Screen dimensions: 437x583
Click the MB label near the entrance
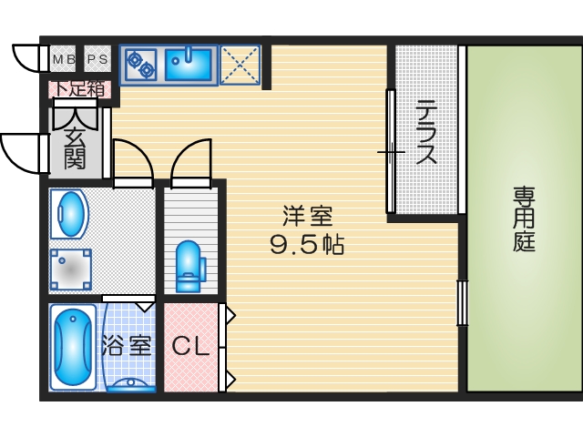64,60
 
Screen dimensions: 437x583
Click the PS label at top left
97,60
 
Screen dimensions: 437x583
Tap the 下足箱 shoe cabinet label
79,89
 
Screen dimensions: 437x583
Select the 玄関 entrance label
75,149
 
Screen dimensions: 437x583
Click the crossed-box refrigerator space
240,64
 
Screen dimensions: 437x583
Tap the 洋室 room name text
307,216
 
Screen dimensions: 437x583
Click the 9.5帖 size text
307,244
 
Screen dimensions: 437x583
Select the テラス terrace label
425,132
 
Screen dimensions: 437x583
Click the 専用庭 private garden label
523,219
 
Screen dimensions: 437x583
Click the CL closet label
191,346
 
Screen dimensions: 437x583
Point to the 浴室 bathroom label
126,346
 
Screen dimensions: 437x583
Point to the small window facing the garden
461,303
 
